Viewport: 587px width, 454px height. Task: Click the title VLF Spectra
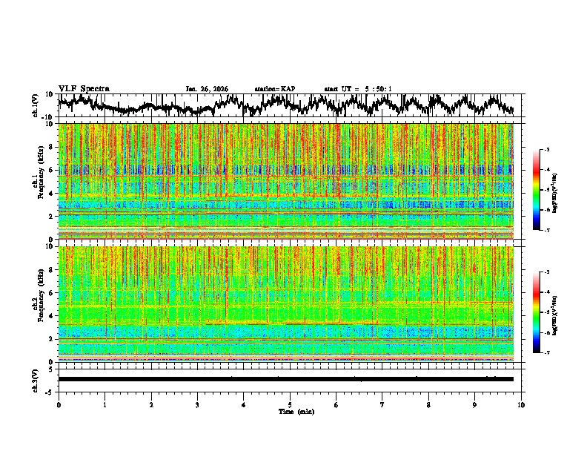pyautogui.click(x=84, y=88)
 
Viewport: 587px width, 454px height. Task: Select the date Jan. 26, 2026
pyautogui.click(x=207, y=89)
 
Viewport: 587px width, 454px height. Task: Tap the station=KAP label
pyautogui.click(x=275, y=89)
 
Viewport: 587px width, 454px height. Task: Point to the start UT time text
pyautogui.click(x=358, y=89)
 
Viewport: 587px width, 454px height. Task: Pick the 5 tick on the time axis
pyautogui.click(x=290, y=405)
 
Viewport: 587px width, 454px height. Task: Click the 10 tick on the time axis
pyautogui.click(x=521, y=405)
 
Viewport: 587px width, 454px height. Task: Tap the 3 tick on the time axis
pyautogui.click(x=197, y=405)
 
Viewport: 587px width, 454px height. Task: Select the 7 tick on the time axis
pyautogui.click(x=382, y=405)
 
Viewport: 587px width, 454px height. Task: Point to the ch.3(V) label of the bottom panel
pyautogui.click(x=36, y=379)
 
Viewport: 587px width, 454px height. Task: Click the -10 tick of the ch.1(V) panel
pyautogui.click(x=47, y=117)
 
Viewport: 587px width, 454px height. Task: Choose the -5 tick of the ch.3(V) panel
pyautogui.click(x=49, y=391)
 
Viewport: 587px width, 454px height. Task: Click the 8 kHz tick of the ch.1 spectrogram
pyautogui.click(x=52, y=147)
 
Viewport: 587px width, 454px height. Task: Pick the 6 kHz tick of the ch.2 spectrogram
pyautogui.click(x=52, y=292)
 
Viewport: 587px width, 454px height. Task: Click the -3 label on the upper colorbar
pyautogui.click(x=554, y=150)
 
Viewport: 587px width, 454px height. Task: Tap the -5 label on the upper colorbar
pyautogui.click(x=554, y=190)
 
